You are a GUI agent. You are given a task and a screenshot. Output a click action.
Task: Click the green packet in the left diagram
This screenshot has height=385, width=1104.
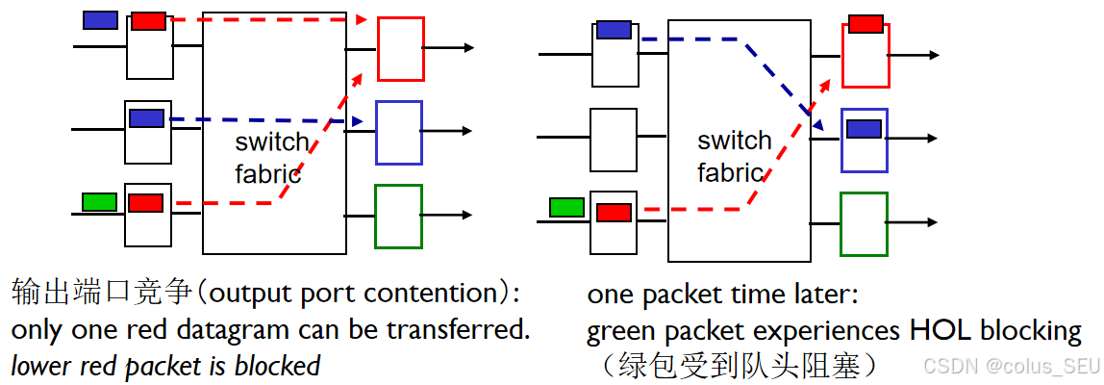coord(99,202)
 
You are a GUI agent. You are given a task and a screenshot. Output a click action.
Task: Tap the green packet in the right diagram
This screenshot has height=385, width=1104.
coord(566,207)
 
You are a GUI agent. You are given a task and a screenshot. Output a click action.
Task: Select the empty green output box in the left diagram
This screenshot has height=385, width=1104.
coord(398,217)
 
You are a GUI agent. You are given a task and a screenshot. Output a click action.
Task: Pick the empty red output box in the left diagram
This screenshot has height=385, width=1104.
coord(400,48)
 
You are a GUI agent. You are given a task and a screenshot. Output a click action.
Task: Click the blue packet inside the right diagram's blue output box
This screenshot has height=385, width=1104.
coord(864,129)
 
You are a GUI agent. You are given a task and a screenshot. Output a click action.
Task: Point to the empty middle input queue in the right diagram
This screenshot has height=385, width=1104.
coord(614,140)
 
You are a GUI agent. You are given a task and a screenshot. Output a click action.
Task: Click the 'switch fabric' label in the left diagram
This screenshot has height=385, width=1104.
coord(272,159)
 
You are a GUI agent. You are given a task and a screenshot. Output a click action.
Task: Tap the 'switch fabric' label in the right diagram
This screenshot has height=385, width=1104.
coord(734,157)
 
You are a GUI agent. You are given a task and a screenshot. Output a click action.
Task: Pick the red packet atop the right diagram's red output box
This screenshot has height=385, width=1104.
coord(866,24)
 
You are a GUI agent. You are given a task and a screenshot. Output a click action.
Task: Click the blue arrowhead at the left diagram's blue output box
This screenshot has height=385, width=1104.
coord(358,122)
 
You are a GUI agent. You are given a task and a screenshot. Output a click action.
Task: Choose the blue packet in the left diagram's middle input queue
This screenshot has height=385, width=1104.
coord(146,118)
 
